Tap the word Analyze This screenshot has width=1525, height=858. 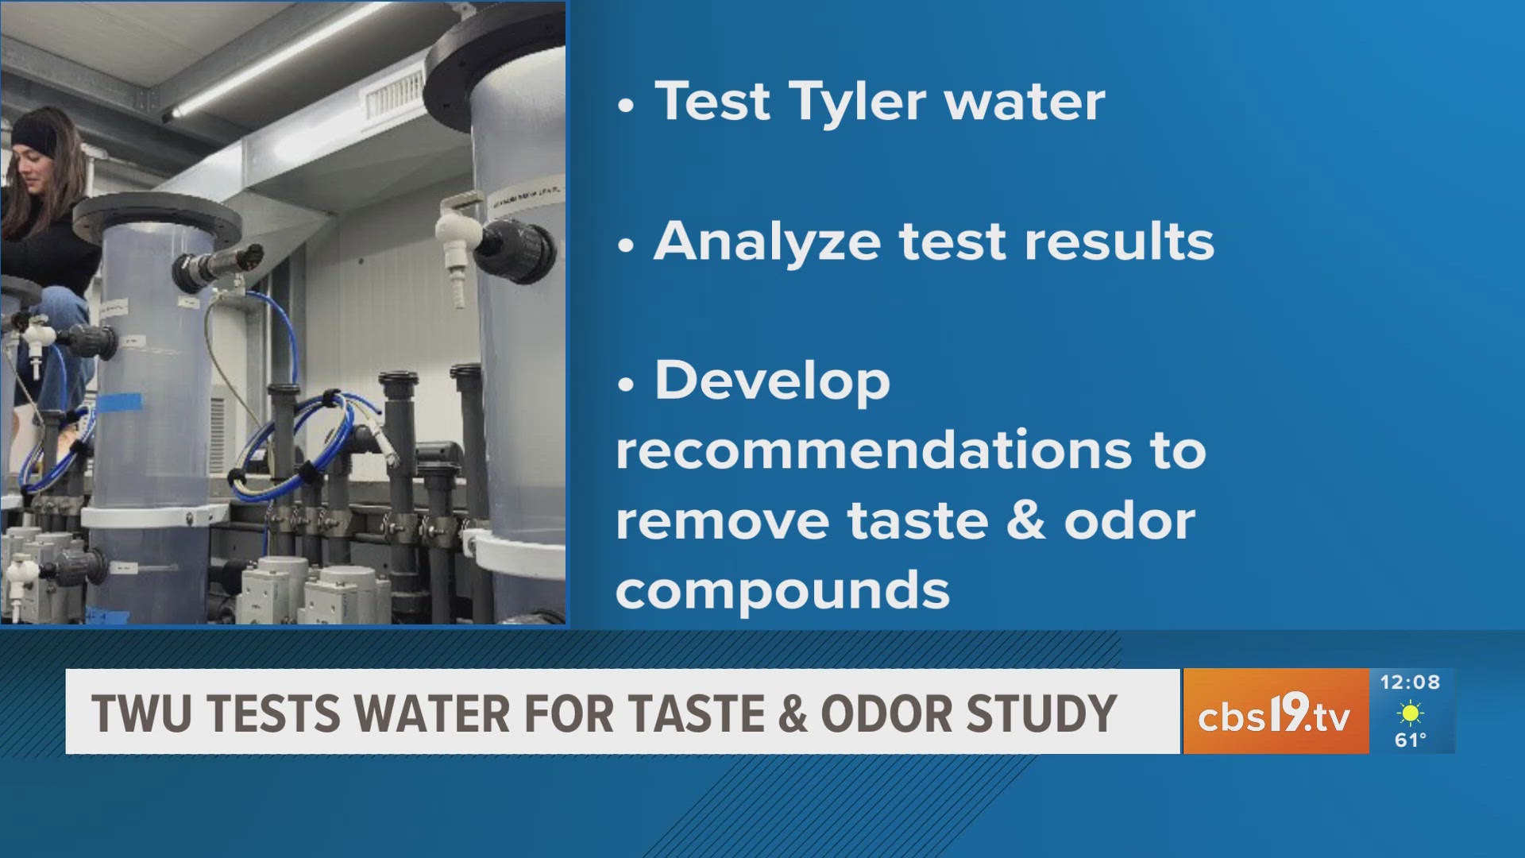pyautogui.click(x=766, y=242)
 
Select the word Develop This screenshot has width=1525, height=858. pyautogui.click(x=772, y=381)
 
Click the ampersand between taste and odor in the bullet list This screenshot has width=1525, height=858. pyautogui.click(x=1026, y=520)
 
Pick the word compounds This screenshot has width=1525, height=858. pyautogui.click(x=782, y=590)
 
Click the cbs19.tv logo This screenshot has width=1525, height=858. pyautogui.click(x=1274, y=713)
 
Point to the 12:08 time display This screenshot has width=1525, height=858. pyautogui.click(x=1410, y=682)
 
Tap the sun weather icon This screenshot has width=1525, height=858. pyautogui.click(x=1411, y=713)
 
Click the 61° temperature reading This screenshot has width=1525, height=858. pyautogui.click(x=1411, y=740)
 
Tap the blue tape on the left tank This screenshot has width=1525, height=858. pyautogui.click(x=120, y=403)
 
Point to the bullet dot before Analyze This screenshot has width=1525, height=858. pyautogui.click(x=626, y=245)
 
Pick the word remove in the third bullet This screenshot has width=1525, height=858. pyautogui.click(x=722, y=521)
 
